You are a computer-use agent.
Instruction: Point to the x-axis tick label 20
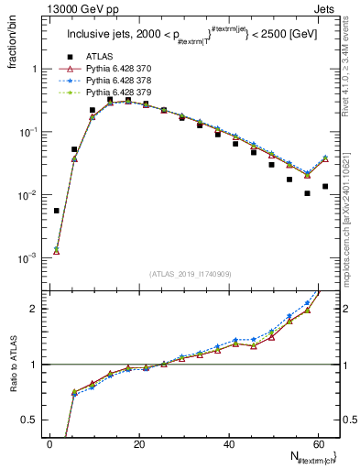pyautogui.click(x=139, y=442)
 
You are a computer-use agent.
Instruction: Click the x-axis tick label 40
pyautogui.click(x=229, y=442)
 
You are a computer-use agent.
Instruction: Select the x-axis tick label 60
pyautogui.click(x=318, y=442)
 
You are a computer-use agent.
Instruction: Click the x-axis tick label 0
pyautogui.click(x=50, y=442)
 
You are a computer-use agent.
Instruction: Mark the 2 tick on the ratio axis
pyautogui.click(x=36, y=309)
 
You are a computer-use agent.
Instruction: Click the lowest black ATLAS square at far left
pyautogui.click(x=57, y=211)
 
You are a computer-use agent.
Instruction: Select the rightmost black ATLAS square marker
pyautogui.click(x=325, y=186)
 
